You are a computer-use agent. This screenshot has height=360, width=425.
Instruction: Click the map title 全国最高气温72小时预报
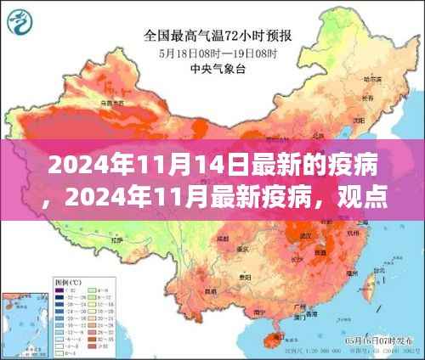click(215, 37)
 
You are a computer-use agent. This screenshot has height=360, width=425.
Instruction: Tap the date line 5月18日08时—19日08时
click(215, 53)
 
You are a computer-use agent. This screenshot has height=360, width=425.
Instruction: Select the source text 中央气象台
click(215, 68)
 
